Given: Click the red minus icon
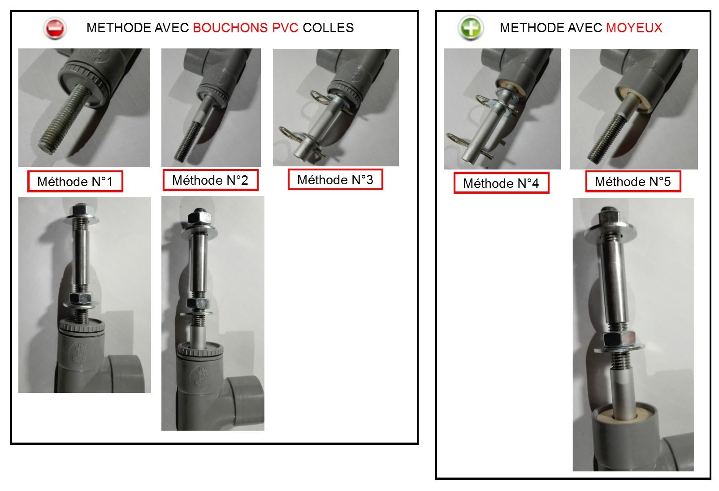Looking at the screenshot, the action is coord(55,29).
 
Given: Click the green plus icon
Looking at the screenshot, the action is coord(470,28).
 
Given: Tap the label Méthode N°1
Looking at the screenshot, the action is coord(75,182).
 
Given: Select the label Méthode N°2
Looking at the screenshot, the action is coord(210,180).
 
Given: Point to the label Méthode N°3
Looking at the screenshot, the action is coord(335,179).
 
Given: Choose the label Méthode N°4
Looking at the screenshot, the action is coord(501,183).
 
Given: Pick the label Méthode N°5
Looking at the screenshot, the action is coord(633,182).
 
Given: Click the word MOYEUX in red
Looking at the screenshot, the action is coord(634,28).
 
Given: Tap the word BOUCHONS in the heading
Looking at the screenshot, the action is coord(230,28).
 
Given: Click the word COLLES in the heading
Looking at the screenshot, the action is coord(328,28).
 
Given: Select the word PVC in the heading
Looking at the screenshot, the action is coord(285,28).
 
